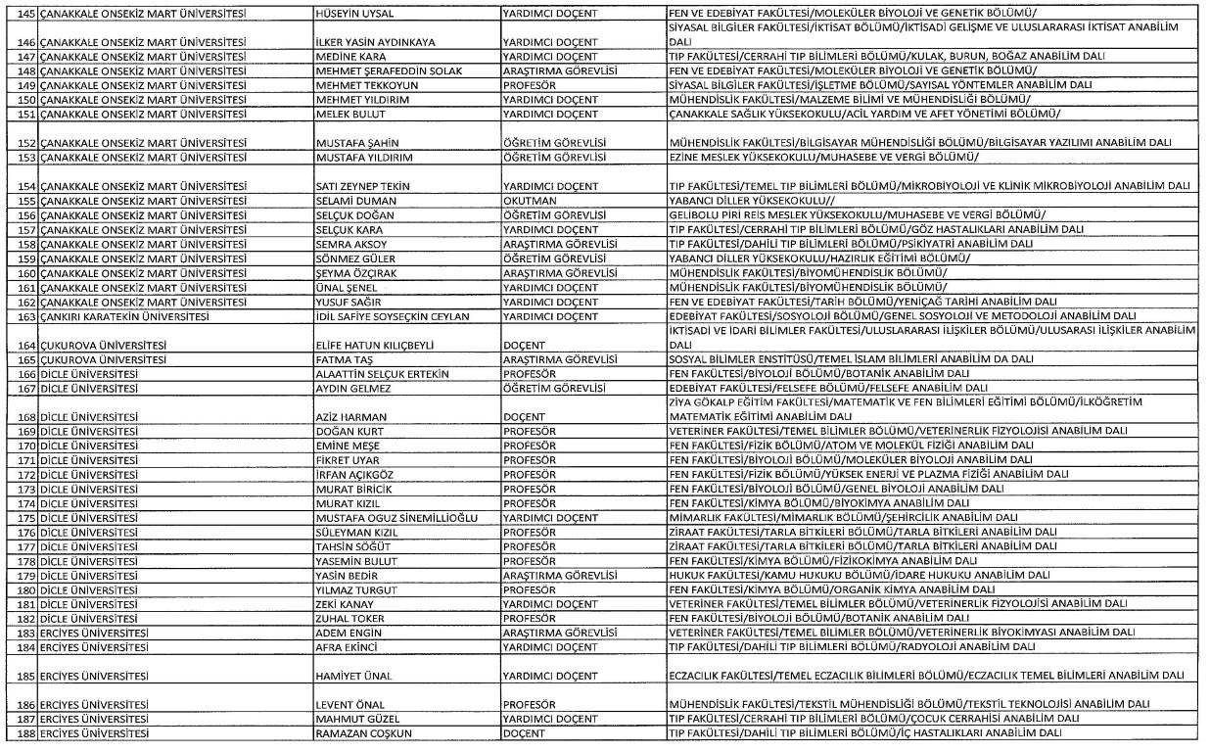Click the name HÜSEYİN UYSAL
coord(353,14)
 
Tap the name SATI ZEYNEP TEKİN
coord(361,186)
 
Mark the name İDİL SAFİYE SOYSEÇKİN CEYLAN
coord(393,316)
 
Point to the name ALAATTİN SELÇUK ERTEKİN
coord(382,374)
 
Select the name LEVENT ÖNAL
coord(348,705)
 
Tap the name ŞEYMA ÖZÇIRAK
coord(356,273)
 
